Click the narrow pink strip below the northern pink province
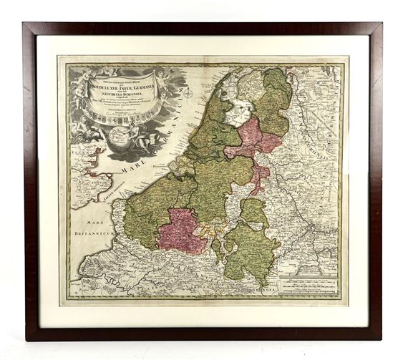pos(259,175)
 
